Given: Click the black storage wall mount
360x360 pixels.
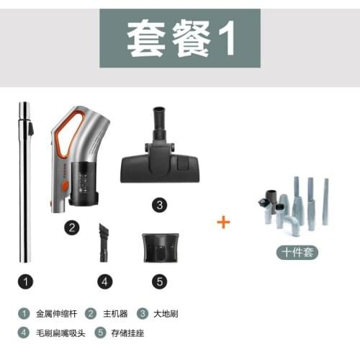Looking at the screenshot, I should click(x=161, y=246).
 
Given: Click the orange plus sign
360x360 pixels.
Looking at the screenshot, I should click(x=224, y=222).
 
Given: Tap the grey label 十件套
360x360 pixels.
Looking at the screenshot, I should click(x=295, y=253).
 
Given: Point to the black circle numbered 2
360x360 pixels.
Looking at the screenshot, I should click(x=71, y=228).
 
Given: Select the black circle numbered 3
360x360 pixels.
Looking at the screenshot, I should click(x=159, y=204).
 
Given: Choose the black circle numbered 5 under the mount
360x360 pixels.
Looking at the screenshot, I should click(x=161, y=282).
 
